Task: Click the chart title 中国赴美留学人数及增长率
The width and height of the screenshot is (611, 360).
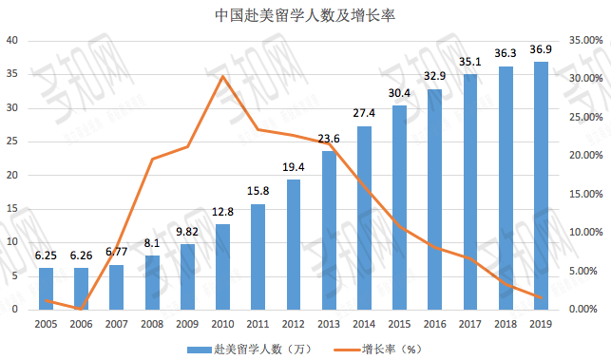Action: coord(305,14)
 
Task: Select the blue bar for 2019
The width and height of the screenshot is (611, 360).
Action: coord(541,185)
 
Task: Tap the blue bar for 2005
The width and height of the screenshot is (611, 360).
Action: coord(46,288)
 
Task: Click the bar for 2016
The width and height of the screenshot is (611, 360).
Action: coord(434,199)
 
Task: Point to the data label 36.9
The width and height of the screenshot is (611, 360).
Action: coord(541,49)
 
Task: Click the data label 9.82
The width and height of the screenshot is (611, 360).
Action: coord(187,231)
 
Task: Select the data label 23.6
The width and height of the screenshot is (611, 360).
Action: coord(328,139)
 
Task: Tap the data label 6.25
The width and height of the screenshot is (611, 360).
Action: coord(46,256)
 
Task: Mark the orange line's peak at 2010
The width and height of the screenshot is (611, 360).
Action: coord(222,76)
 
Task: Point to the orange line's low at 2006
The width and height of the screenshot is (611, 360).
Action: coord(82,308)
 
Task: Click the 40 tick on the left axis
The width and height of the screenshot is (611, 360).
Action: coord(13,41)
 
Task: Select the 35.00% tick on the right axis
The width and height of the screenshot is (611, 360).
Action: coord(582,41)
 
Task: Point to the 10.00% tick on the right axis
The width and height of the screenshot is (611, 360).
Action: coord(582,233)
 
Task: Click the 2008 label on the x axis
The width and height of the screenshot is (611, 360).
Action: coord(152,325)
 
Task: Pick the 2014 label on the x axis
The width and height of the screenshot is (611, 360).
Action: coord(364,325)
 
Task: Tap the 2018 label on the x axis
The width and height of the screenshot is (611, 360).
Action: coord(505,325)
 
